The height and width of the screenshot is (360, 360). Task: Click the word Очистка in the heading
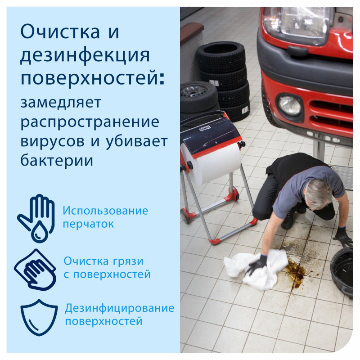(60, 31)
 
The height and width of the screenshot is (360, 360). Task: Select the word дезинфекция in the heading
(85, 56)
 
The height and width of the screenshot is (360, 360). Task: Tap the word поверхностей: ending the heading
(93, 78)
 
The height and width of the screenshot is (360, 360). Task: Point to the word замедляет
(61, 103)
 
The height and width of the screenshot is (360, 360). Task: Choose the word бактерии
(57, 160)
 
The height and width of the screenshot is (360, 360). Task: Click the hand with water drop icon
(36, 218)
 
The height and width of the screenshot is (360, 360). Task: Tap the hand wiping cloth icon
(35, 270)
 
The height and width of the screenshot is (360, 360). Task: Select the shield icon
(39, 318)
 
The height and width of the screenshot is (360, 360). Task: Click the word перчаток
(88, 224)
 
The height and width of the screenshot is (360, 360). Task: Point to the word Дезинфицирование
(119, 308)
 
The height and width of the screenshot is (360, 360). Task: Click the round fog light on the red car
(289, 106)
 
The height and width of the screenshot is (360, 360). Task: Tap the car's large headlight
(298, 24)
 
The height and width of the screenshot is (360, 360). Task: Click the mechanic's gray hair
(319, 193)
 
